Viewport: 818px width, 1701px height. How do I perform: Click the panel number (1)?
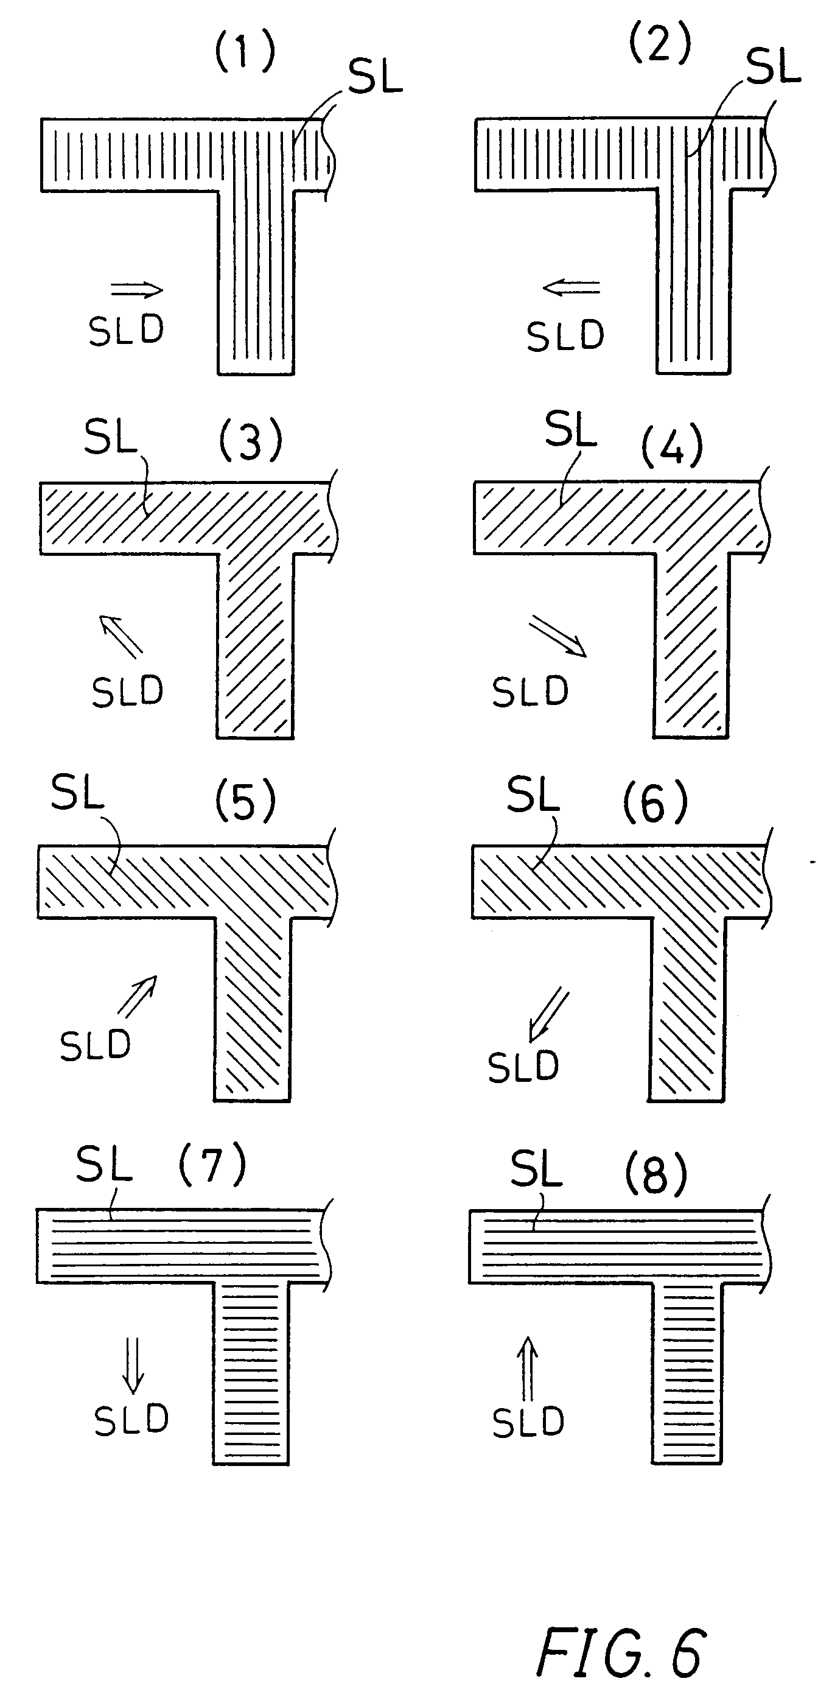[245, 53]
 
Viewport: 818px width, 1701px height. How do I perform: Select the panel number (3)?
[250, 441]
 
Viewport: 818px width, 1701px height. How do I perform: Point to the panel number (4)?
[671, 446]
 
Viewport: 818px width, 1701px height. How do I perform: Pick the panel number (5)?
[245, 803]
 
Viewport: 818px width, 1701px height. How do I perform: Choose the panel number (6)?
[655, 803]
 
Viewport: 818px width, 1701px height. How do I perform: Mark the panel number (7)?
[212, 1165]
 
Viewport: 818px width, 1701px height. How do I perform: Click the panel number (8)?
[655, 1175]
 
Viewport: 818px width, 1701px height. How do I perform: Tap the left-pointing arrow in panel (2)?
[571, 287]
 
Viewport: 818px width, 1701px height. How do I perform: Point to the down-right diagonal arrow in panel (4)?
[558, 636]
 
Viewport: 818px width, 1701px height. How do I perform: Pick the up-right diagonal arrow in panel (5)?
[138, 995]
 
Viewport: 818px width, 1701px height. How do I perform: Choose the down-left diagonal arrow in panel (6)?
[548, 1014]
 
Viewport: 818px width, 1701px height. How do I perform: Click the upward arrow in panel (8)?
[527, 1367]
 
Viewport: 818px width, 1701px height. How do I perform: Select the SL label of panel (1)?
[375, 78]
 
